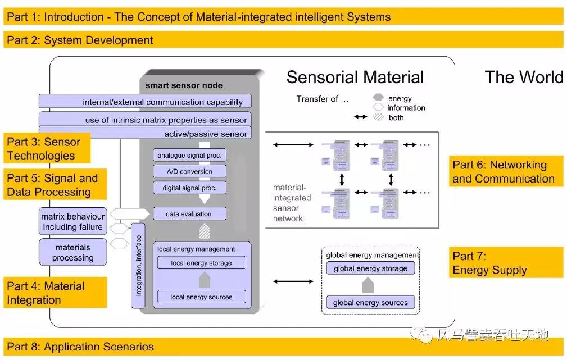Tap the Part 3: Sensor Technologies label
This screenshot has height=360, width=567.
coord(46,149)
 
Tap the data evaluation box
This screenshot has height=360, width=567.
coord(189,214)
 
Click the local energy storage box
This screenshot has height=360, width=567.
coord(201,263)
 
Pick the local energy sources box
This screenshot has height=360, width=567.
coord(201,297)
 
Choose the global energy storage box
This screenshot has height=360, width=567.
coord(370,268)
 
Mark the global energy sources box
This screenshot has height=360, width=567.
coord(370,303)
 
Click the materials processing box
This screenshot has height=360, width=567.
coord(73,252)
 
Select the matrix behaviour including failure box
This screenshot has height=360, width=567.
coord(73,222)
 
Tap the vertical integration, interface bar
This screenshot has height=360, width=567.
coord(139,265)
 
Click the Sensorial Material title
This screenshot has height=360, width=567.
coord(355,78)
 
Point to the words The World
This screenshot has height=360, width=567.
coord(524,78)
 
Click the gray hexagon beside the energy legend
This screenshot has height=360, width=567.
coord(378,98)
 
